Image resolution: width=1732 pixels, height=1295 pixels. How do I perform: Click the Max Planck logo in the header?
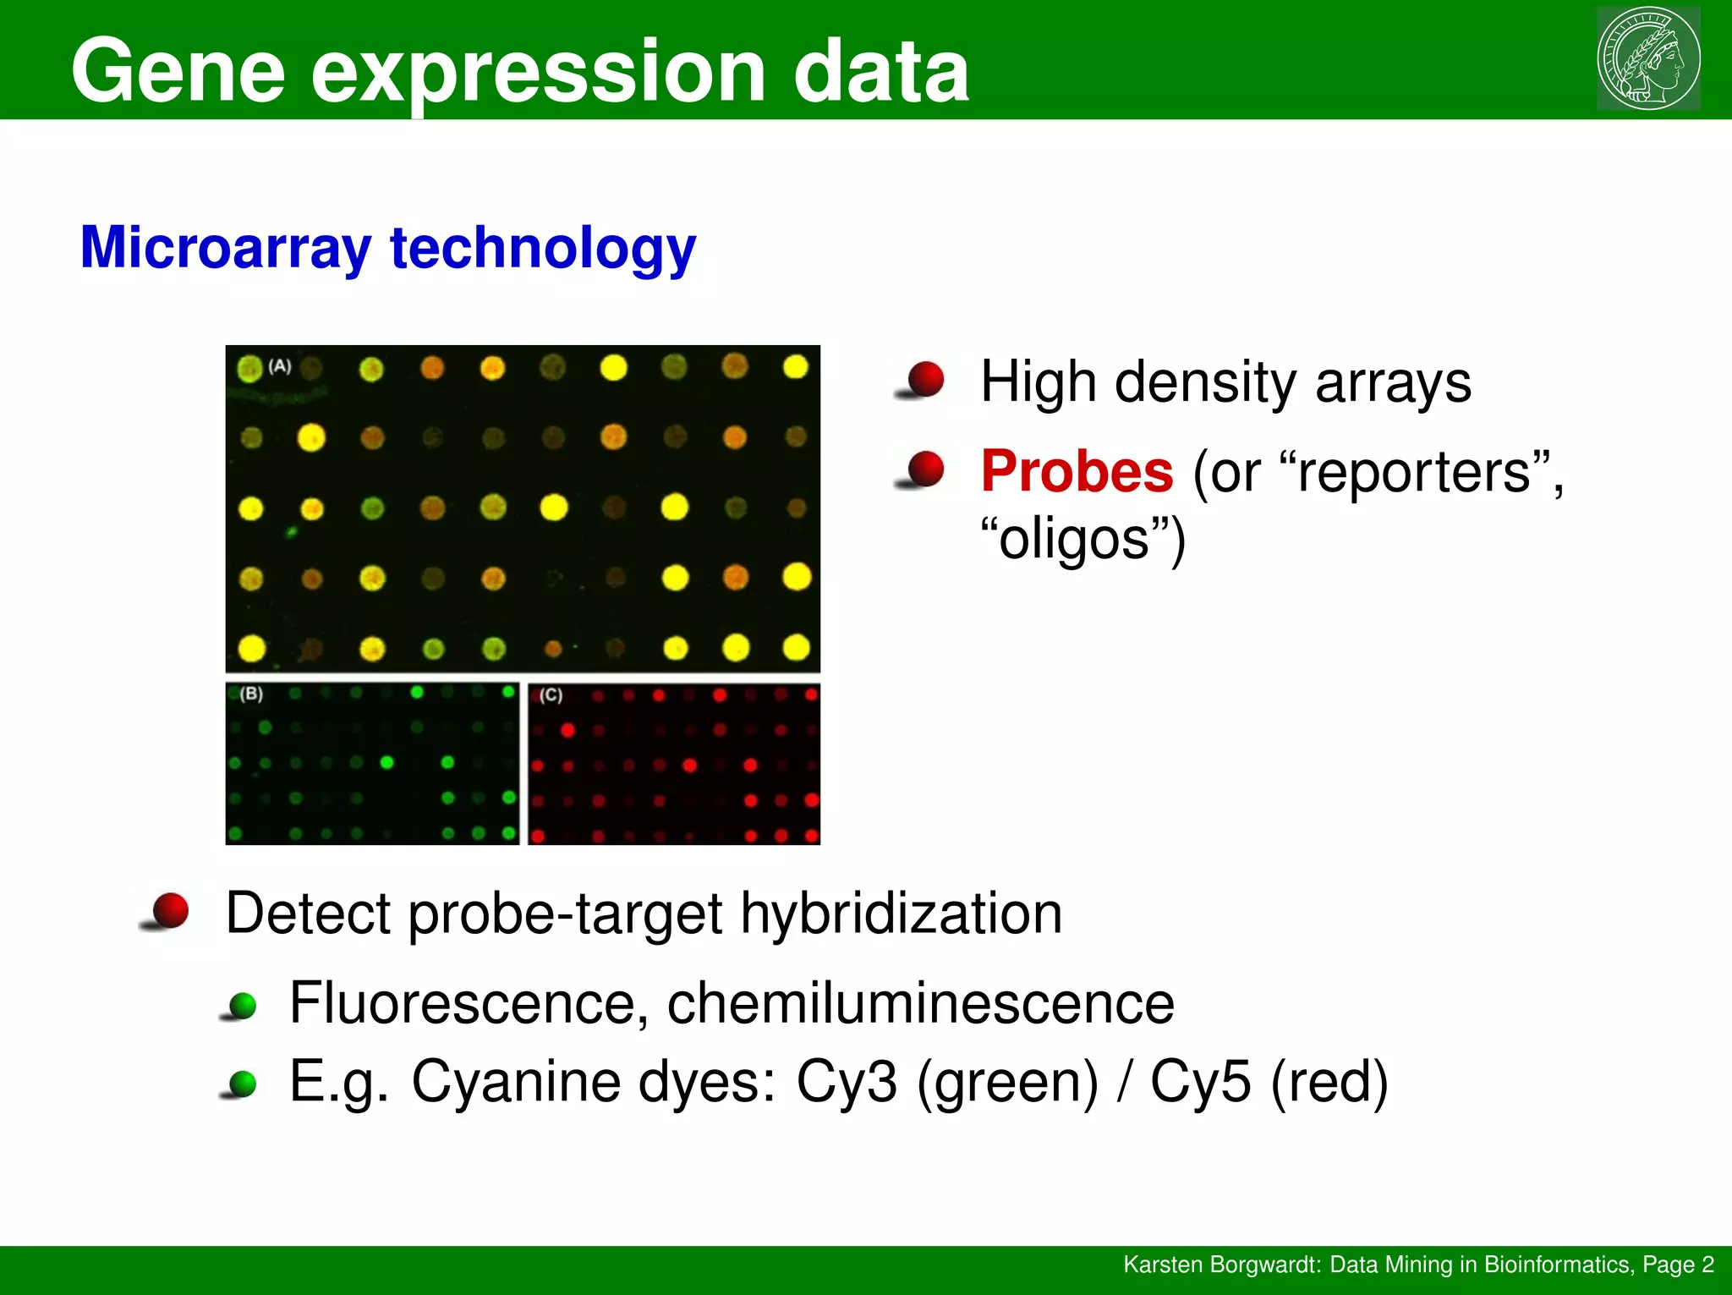click(1648, 58)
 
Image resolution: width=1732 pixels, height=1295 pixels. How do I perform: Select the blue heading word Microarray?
click(225, 248)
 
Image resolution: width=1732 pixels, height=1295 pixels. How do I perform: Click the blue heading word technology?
click(542, 248)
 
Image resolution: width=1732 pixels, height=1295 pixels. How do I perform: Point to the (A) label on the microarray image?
click(280, 366)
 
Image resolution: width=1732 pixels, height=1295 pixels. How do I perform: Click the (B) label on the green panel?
click(251, 694)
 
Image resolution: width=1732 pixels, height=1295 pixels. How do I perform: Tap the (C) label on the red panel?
click(551, 695)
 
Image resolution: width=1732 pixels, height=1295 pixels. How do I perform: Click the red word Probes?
click(1077, 471)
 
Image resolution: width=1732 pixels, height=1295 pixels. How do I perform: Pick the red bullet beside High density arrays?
click(925, 379)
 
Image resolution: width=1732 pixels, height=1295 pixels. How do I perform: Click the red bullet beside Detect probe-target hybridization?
click(170, 911)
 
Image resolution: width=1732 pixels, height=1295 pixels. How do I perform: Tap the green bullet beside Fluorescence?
click(243, 1005)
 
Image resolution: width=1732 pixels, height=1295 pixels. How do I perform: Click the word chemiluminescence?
click(920, 1003)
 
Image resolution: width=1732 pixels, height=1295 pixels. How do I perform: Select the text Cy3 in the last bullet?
click(846, 1082)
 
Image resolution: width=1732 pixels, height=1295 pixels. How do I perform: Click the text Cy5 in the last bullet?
click(1199, 1082)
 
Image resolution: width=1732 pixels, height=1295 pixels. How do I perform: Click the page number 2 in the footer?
click(1707, 1265)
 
